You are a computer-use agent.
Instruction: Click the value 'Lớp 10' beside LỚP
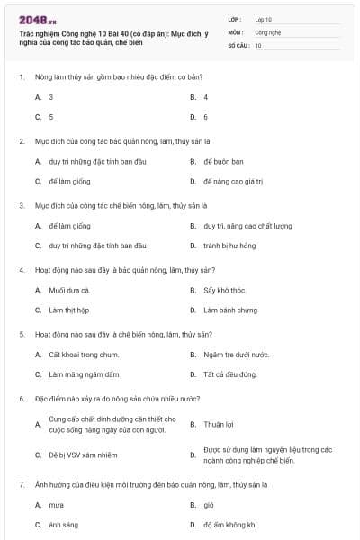[264, 19]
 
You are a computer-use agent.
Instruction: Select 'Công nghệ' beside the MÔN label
[267, 31]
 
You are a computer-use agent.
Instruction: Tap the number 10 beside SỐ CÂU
[258, 44]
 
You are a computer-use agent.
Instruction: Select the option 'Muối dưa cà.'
[69, 290]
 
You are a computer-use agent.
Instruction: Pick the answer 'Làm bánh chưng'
[229, 310]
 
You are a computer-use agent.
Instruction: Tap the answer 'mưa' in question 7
[56, 505]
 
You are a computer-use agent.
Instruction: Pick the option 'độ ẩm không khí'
[230, 525]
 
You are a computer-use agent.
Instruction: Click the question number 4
[21, 269]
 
